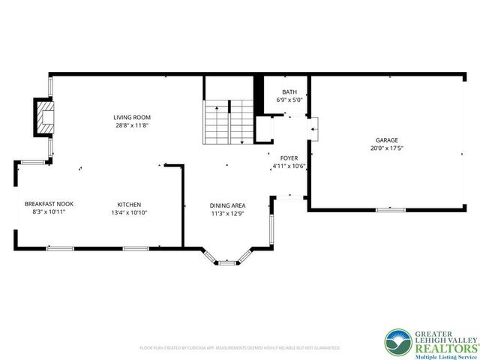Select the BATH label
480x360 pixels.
(x=289, y=91)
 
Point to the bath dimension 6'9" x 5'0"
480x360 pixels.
(x=289, y=99)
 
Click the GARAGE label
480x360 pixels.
(x=386, y=139)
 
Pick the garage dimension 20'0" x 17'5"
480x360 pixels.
(x=386, y=148)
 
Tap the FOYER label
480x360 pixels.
(x=289, y=157)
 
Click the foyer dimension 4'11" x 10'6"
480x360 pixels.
(x=289, y=166)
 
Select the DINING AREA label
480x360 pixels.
(x=227, y=205)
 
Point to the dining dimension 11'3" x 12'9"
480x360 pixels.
(x=227, y=214)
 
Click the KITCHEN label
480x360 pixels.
(x=128, y=205)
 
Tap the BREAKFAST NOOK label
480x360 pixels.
(x=48, y=204)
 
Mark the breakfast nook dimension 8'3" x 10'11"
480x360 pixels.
(x=48, y=213)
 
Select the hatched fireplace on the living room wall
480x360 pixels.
(x=46, y=117)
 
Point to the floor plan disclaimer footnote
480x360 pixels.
(x=240, y=348)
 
